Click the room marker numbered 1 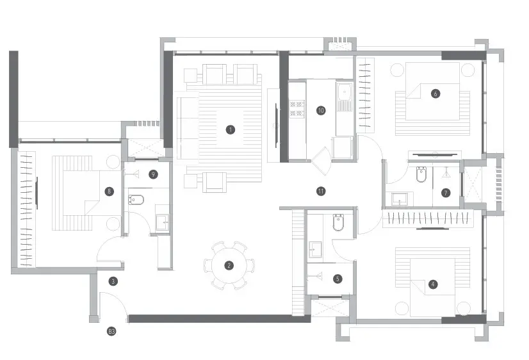(x=231, y=129)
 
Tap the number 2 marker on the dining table (x=229, y=266)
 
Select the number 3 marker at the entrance (x=113, y=281)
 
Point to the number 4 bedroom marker (x=433, y=284)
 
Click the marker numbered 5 (x=338, y=279)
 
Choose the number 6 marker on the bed (x=435, y=94)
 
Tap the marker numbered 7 (x=446, y=193)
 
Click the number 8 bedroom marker (x=109, y=192)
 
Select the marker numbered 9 (x=153, y=174)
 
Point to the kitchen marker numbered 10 (x=321, y=110)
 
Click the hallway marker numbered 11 (x=321, y=192)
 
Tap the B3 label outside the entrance (x=111, y=332)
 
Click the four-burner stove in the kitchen (x=297, y=109)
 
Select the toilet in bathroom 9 (x=136, y=200)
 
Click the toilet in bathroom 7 (x=421, y=174)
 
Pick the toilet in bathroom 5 (x=338, y=222)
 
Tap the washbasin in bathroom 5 (x=316, y=250)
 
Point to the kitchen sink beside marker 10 (x=344, y=92)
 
